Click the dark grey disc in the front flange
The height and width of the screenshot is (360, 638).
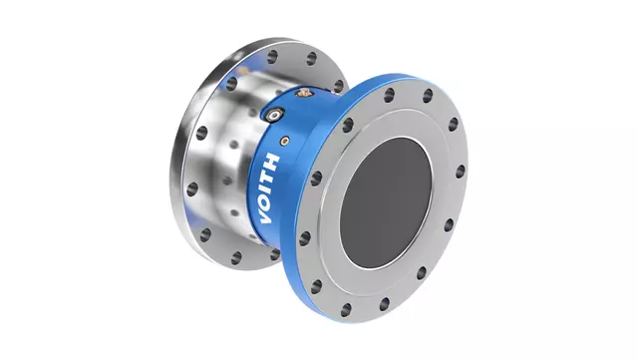[386, 202]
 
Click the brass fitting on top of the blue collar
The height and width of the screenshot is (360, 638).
[303, 94]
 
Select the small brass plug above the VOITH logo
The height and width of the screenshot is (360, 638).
[285, 141]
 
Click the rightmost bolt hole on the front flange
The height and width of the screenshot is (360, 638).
[461, 172]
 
